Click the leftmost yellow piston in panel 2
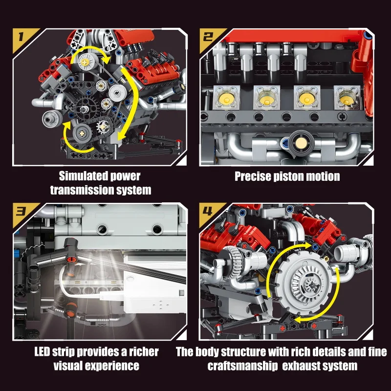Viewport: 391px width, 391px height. point(225,97)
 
